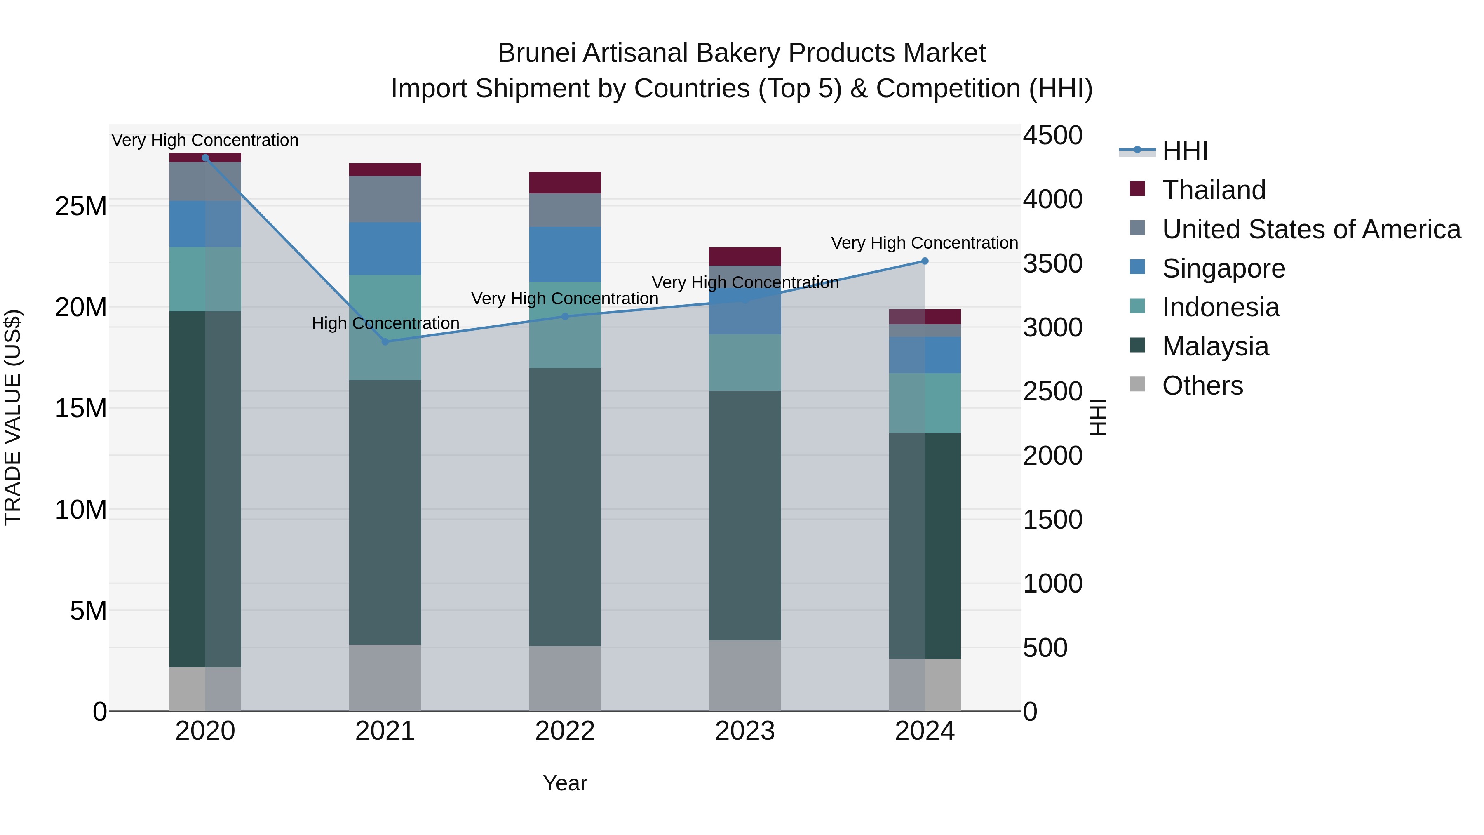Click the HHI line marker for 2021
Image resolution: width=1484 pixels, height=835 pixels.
(x=385, y=342)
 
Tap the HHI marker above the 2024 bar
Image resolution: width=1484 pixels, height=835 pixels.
(x=925, y=261)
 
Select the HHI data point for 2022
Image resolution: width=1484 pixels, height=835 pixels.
(x=565, y=316)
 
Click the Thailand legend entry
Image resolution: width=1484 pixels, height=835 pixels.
(x=1213, y=190)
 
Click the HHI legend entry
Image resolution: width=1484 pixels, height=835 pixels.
(x=1184, y=151)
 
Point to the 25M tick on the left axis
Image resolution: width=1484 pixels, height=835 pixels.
(x=81, y=206)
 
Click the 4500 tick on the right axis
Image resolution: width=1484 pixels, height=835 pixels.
(x=1052, y=136)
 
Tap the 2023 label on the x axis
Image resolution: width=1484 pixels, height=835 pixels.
(x=744, y=731)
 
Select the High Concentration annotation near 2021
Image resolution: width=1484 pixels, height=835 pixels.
(x=385, y=323)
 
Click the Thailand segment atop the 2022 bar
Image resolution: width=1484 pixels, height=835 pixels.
(x=565, y=183)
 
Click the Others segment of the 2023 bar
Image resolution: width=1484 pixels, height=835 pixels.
(x=744, y=675)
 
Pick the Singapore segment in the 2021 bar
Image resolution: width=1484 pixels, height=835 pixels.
(x=385, y=249)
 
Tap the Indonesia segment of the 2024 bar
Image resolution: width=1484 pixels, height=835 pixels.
(x=925, y=403)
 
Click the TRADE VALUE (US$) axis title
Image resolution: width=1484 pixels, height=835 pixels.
(x=13, y=417)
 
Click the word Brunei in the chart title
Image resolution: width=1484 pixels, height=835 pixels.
(x=536, y=53)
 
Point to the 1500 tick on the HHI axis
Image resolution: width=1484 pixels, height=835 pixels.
(x=1052, y=520)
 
